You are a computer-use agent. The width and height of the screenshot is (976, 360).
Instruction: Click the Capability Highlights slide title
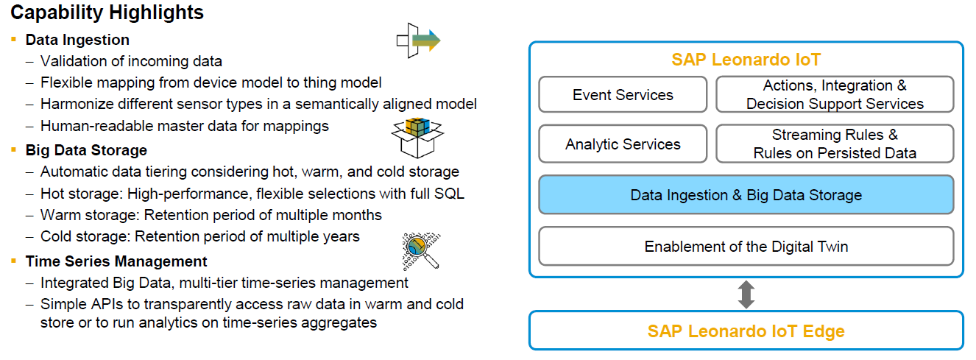(x=107, y=13)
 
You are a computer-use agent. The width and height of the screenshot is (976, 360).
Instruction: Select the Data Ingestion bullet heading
(x=77, y=40)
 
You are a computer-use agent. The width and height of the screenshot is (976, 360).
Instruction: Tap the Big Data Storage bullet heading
(x=86, y=150)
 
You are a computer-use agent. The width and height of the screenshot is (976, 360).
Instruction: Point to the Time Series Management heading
(x=116, y=261)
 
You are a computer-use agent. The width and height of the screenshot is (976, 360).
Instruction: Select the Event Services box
(x=623, y=95)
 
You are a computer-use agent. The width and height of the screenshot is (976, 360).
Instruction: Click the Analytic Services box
(x=623, y=144)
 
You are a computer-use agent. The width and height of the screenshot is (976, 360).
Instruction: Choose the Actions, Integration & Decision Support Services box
(x=835, y=95)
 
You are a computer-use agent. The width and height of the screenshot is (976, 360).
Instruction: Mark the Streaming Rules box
(x=835, y=144)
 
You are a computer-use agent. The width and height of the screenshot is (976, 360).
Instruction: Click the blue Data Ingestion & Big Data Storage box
(x=746, y=195)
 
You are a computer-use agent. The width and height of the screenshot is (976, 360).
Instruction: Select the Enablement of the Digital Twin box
(x=746, y=247)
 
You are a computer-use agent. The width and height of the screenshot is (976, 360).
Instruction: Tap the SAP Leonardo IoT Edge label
(x=746, y=331)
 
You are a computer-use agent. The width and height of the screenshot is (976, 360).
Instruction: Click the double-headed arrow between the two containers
(x=746, y=294)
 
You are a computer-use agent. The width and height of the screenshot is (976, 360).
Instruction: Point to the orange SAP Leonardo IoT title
(x=746, y=60)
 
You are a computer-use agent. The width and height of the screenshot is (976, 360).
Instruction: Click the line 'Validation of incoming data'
(x=131, y=61)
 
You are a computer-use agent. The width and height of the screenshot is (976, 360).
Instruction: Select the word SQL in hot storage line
(x=450, y=194)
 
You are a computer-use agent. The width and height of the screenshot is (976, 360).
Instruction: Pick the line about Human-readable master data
(x=184, y=126)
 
